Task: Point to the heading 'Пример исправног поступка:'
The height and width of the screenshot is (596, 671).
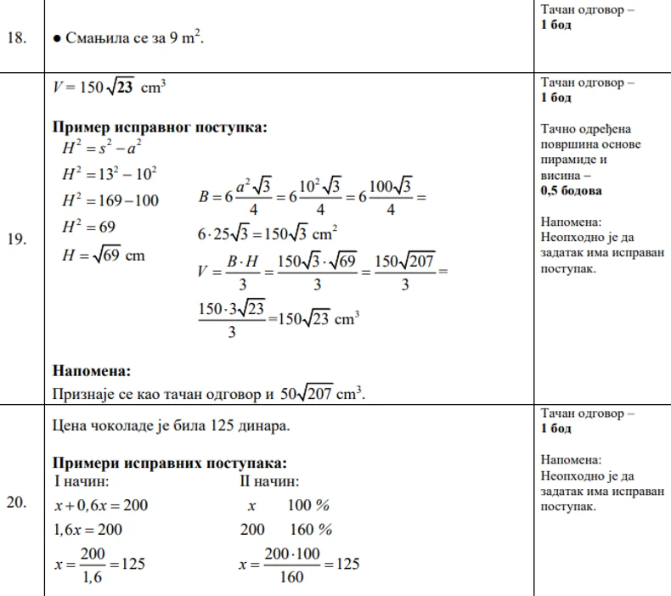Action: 161,127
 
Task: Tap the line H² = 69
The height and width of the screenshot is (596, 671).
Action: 88,227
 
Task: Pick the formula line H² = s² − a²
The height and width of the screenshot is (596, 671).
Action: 99,149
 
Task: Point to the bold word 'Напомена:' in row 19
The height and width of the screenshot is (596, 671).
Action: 92,370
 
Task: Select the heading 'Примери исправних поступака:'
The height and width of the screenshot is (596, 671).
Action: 170,463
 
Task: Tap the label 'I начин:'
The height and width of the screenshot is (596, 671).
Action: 81,481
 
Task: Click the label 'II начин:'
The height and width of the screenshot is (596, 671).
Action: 269,481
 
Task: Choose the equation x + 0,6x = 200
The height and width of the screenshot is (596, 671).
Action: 101,505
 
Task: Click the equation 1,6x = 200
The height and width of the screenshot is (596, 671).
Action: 88,530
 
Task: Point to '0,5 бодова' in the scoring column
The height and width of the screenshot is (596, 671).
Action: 571,191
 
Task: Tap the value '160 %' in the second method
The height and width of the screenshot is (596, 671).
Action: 309,530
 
